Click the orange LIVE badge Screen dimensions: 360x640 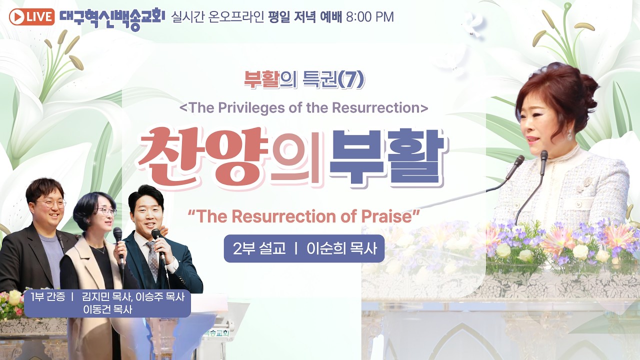[31, 17]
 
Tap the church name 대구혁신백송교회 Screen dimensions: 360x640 [112, 17]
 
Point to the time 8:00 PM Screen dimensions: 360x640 [369, 17]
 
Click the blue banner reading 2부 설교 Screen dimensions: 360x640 [304, 248]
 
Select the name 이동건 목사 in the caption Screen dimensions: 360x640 [107, 309]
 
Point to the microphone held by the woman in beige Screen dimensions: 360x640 [118, 234]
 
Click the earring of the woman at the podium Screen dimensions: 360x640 [569, 135]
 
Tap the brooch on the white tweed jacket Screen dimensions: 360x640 [588, 182]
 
